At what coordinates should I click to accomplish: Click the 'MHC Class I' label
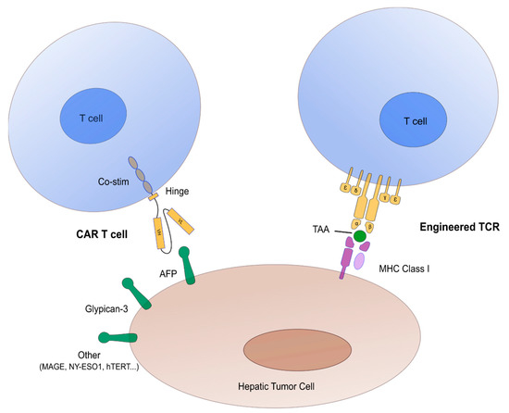(399, 269)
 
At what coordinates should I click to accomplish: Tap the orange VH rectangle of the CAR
(161, 224)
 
